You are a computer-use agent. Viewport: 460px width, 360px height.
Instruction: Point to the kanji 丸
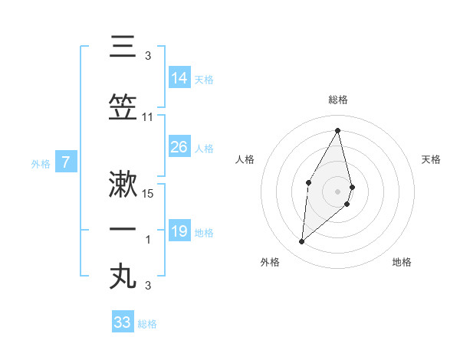(x=123, y=277)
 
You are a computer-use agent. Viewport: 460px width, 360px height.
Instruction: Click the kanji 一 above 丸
(x=123, y=229)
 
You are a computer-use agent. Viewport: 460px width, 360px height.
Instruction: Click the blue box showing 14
(x=179, y=78)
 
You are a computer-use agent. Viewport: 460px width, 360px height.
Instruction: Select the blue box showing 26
(x=179, y=147)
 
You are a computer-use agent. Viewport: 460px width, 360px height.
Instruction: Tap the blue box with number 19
(x=179, y=231)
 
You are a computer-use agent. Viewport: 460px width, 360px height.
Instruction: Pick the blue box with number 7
(x=67, y=162)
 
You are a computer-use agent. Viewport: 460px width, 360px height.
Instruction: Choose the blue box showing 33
(x=123, y=322)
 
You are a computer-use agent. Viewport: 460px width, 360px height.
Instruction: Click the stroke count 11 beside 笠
(x=148, y=117)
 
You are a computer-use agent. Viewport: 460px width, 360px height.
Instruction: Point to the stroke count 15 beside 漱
(x=149, y=193)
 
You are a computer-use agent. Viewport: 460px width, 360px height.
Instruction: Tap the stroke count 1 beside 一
(x=148, y=240)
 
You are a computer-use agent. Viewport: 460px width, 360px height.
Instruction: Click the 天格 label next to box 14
(x=204, y=80)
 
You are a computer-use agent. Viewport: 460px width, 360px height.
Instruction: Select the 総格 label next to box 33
(x=147, y=324)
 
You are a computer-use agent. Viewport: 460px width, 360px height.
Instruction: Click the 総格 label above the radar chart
(x=338, y=100)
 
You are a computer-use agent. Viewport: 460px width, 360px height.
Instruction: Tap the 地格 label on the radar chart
(x=402, y=262)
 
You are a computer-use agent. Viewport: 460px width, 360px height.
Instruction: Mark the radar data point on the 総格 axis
(x=338, y=129)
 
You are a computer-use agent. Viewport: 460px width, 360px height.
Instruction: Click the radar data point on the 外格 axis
(x=301, y=242)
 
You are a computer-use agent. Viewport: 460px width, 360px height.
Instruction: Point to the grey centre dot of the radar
(x=338, y=191)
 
